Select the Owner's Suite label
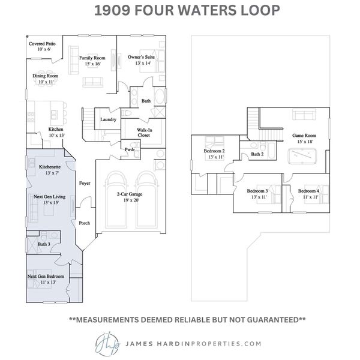coord(139,57)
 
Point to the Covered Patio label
coord(42,44)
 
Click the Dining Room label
coord(45,76)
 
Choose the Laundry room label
coord(109,119)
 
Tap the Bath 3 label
coord(43,244)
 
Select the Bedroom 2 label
coord(214,151)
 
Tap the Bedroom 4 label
coord(310,191)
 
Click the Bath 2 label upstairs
coord(257,154)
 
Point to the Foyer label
coord(85,183)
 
